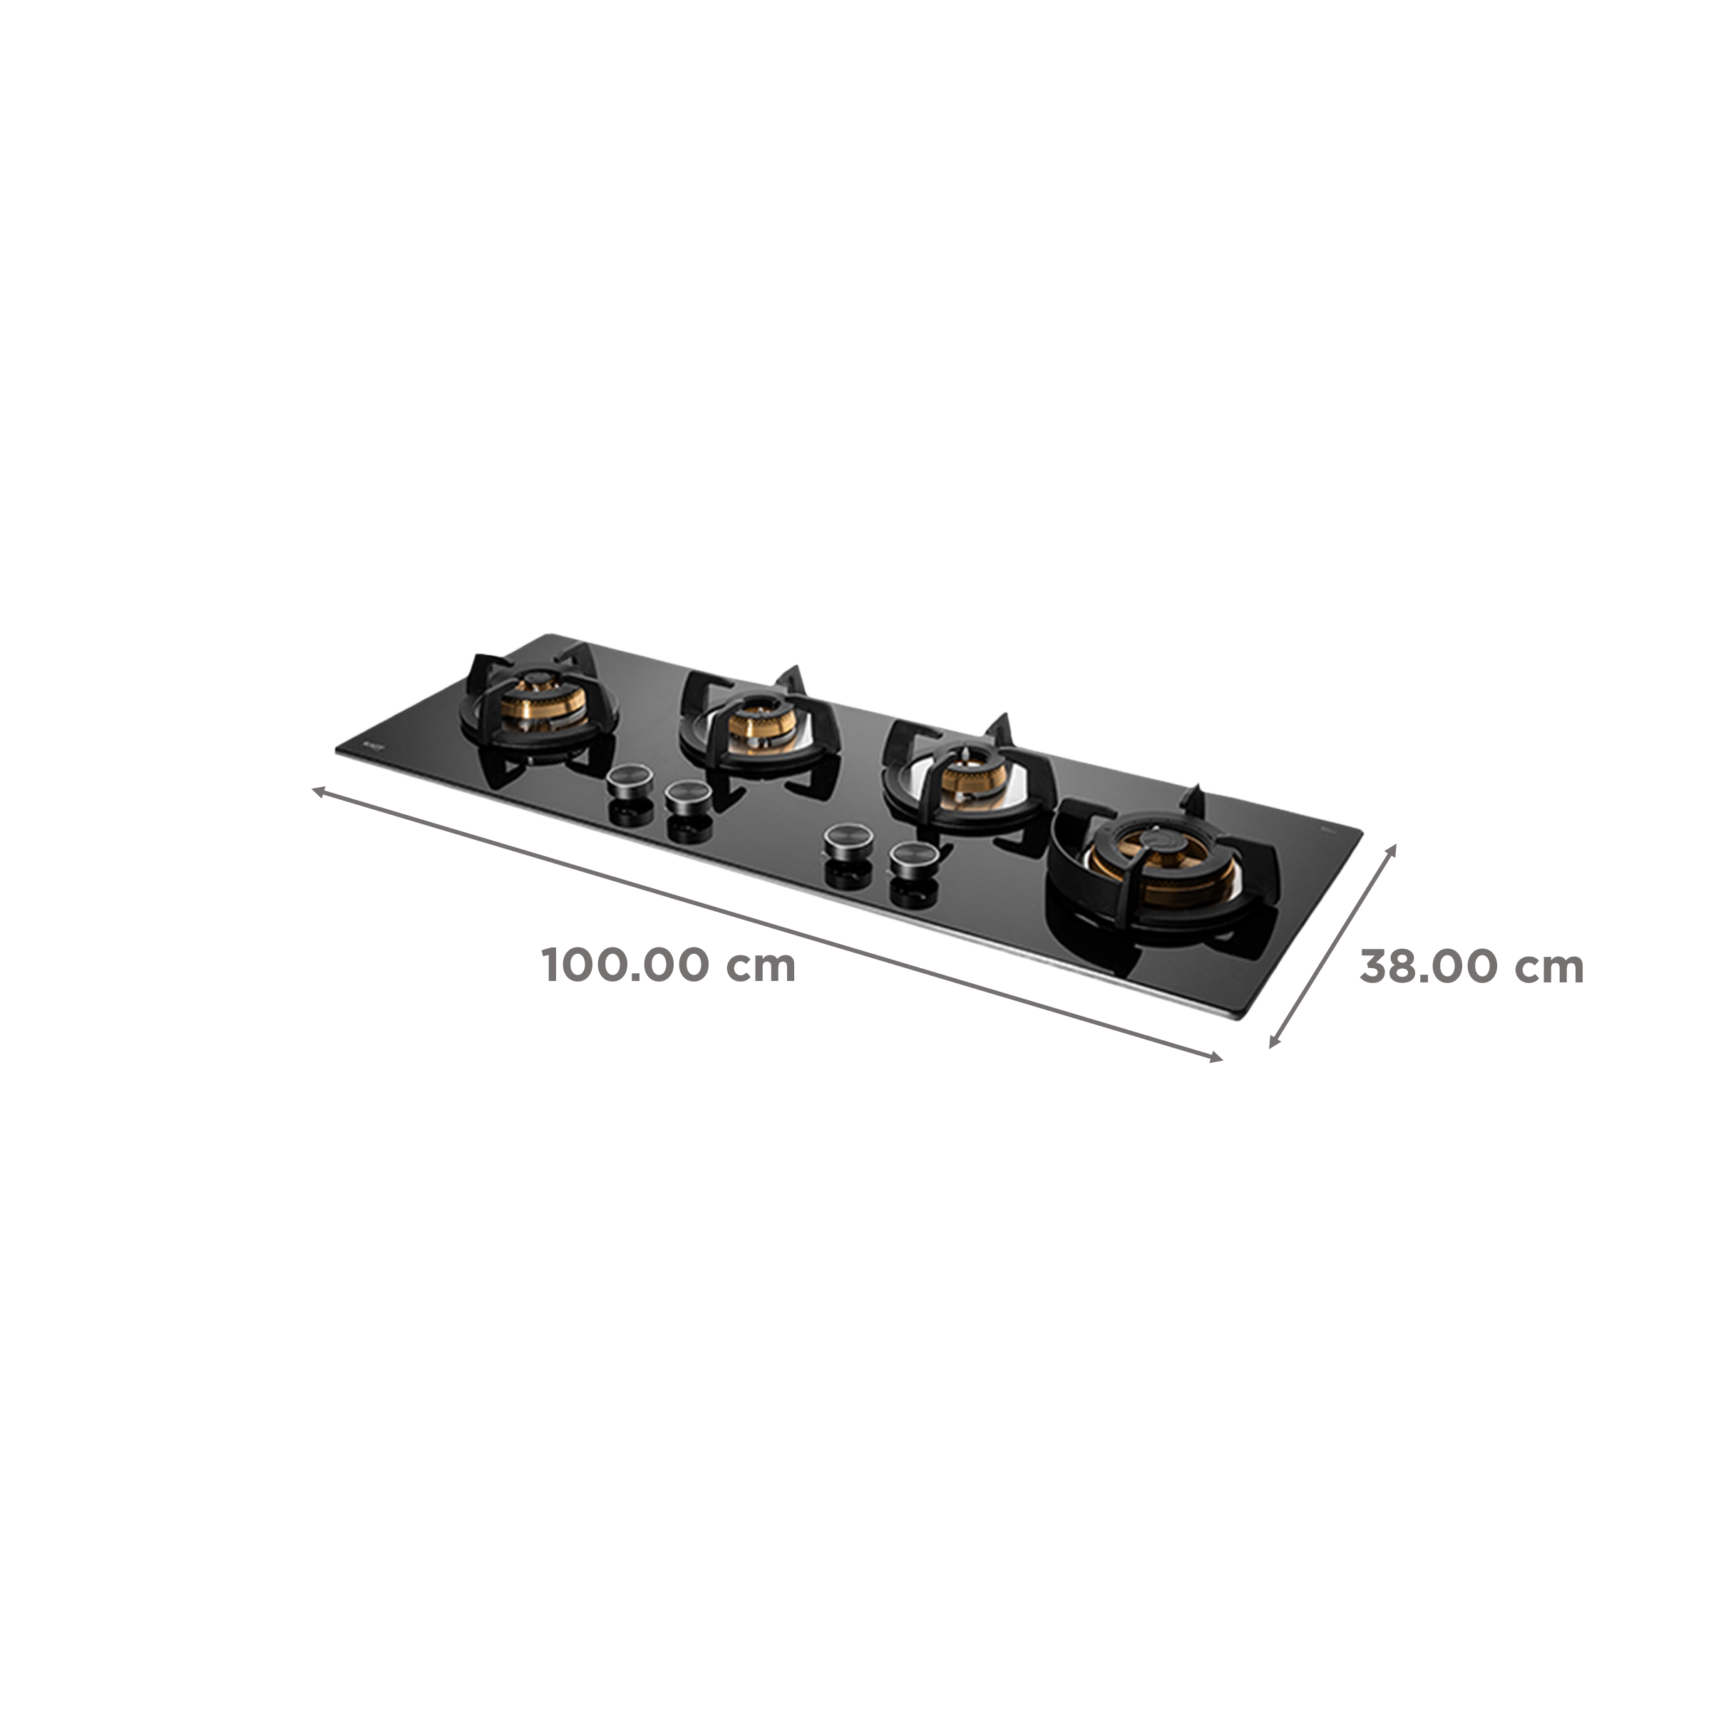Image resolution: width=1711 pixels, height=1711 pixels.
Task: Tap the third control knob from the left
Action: pyautogui.click(x=845, y=841)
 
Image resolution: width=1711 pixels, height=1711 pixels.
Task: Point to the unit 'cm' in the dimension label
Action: pyautogui.click(x=1551, y=967)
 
